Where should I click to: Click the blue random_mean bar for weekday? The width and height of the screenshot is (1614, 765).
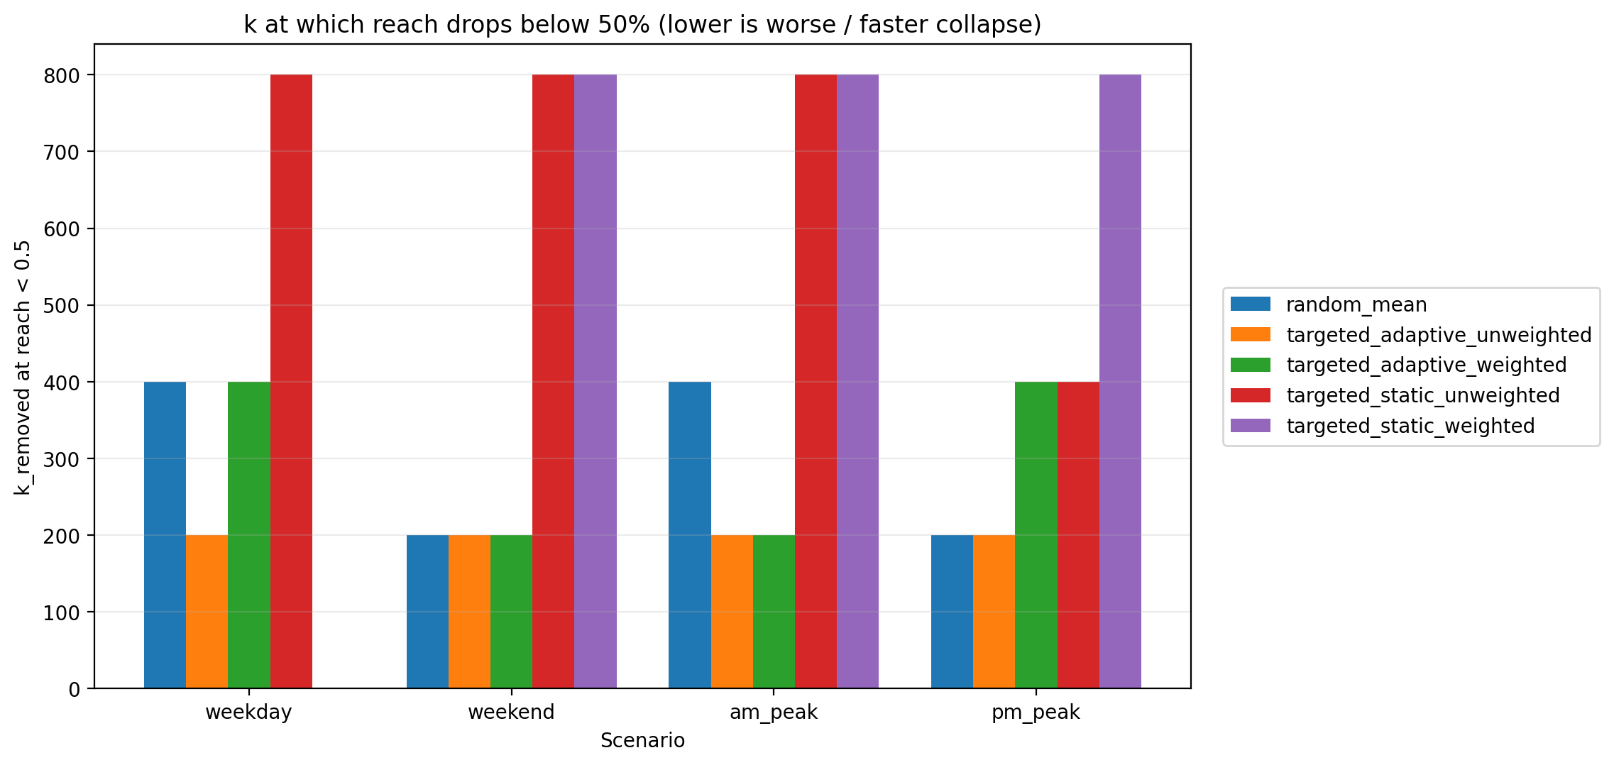[x=165, y=535]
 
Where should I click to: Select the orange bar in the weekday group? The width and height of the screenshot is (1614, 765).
[x=207, y=612]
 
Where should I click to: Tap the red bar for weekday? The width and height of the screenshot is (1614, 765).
[x=291, y=382]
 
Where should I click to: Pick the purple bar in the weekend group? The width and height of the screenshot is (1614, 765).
[x=595, y=382]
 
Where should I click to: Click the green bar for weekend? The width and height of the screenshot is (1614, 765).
[x=511, y=612]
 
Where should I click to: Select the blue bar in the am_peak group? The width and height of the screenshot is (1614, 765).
[x=689, y=535]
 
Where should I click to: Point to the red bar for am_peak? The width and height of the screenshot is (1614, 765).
[x=816, y=382]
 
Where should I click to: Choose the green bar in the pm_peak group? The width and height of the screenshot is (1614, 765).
[x=1036, y=535]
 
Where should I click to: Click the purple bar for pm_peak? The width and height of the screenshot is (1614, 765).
[x=1120, y=382]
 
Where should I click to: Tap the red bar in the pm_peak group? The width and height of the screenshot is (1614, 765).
[x=1078, y=535]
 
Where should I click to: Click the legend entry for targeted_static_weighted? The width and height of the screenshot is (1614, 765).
[x=1410, y=426]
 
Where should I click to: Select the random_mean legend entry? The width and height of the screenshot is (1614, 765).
[x=1356, y=304]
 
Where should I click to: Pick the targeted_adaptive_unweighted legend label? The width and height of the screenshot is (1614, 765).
[x=1438, y=335]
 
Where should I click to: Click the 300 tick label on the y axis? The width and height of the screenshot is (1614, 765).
[x=62, y=459]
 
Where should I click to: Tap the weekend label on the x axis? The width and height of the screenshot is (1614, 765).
[x=511, y=712]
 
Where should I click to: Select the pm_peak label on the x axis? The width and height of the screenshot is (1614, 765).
[x=1036, y=712]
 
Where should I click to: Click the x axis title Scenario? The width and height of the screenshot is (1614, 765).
[x=642, y=741]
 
